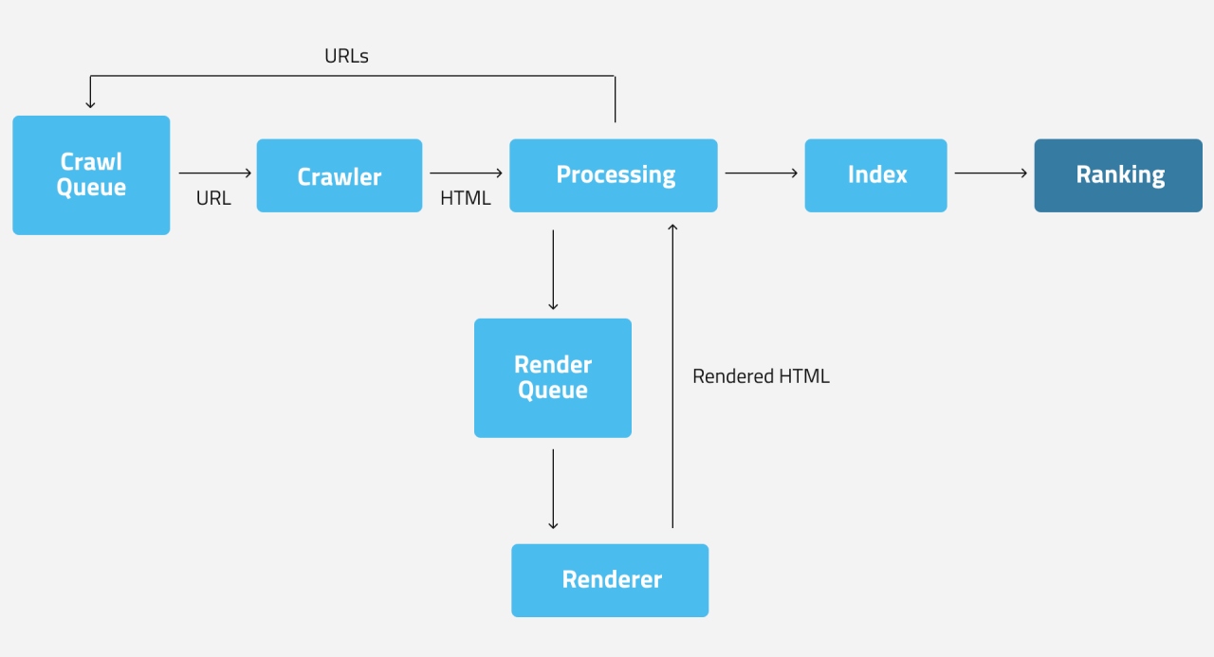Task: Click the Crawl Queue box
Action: click(x=91, y=175)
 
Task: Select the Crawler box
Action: click(x=340, y=176)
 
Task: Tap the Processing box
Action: click(x=614, y=175)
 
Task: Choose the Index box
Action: click(x=875, y=175)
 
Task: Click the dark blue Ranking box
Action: click(x=1118, y=175)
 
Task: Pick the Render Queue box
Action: click(x=553, y=377)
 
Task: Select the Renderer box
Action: click(x=610, y=580)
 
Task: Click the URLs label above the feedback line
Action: click(x=346, y=57)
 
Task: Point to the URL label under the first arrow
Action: click(x=213, y=199)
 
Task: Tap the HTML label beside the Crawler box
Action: click(x=466, y=199)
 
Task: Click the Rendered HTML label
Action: click(x=761, y=376)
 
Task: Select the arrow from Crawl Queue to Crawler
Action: click(x=215, y=173)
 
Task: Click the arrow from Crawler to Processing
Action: click(x=466, y=173)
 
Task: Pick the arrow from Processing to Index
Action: click(x=762, y=173)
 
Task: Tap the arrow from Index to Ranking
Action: click(x=991, y=173)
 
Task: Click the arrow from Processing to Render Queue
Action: click(x=553, y=269)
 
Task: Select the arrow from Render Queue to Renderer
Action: click(x=553, y=489)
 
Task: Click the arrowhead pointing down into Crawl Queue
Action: click(x=90, y=102)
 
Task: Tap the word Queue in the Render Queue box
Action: click(x=553, y=391)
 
